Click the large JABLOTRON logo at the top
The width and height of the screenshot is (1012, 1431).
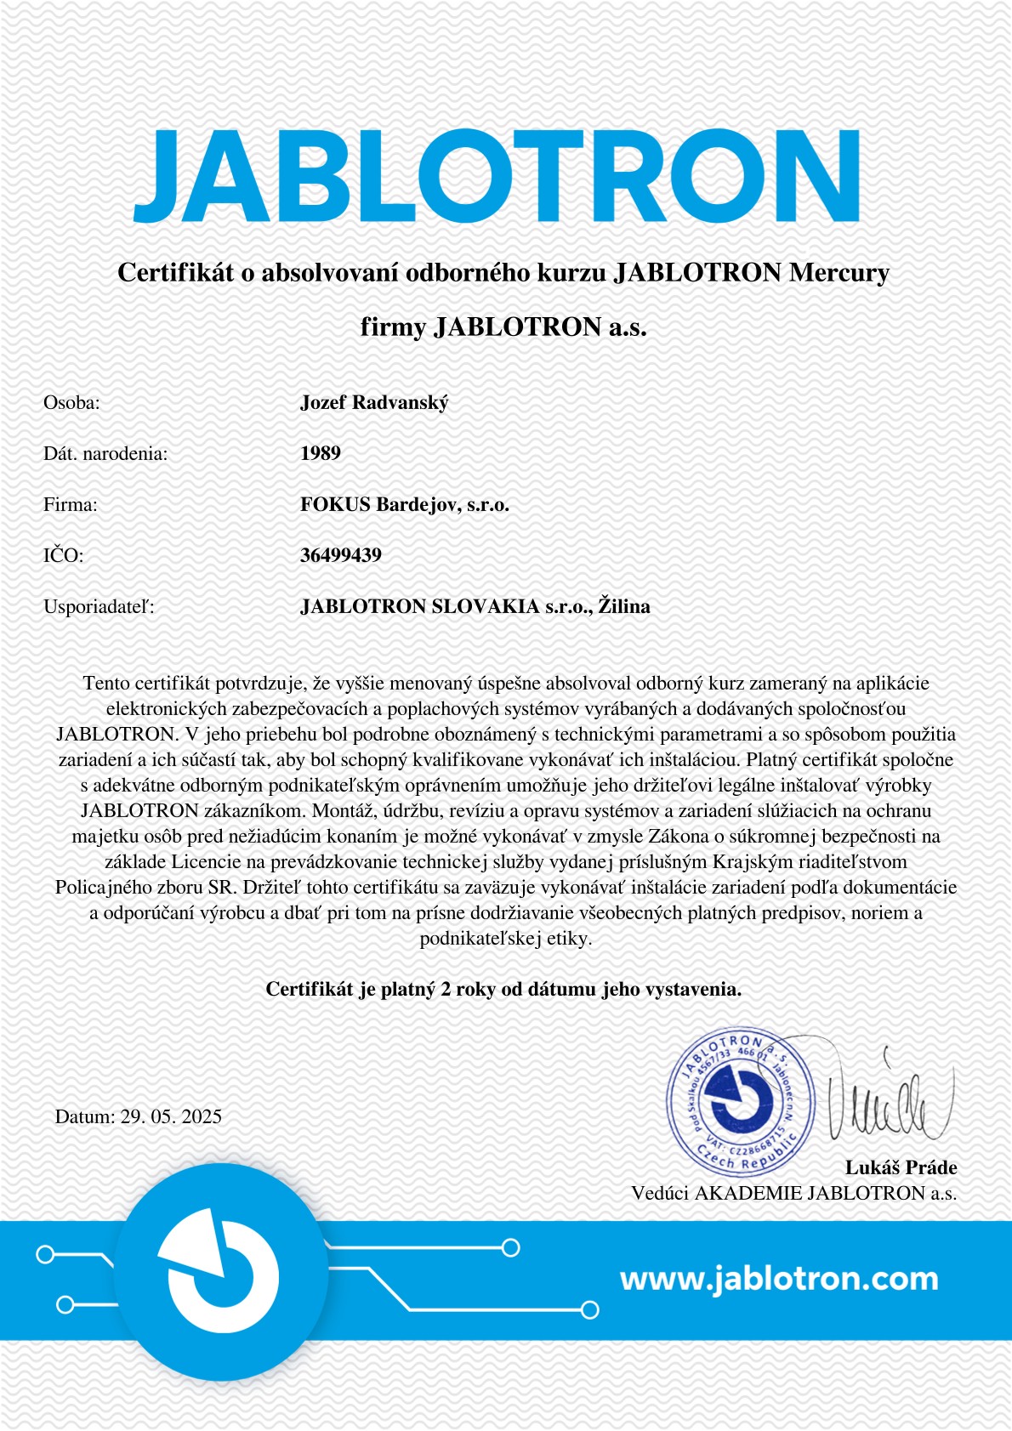tap(497, 177)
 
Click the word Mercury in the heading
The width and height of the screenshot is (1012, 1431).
tap(839, 273)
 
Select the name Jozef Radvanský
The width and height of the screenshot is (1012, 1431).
tap(373, 402)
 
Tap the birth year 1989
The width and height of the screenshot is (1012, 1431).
tap(321, 453)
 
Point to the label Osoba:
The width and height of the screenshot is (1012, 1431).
tap(71, 402)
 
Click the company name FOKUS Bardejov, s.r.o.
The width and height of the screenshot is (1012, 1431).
tap(404, 504)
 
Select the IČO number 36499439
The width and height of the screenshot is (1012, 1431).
tap(340, 555)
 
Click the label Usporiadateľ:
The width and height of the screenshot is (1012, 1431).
tap(99, 607)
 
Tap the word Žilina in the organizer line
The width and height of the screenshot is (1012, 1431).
tap(623, 606)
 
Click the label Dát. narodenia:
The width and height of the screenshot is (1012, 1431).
tap(105, 453)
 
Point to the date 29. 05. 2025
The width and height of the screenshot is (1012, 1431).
tap(171, 1116)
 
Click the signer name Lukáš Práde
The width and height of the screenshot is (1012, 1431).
tap(901, 1167)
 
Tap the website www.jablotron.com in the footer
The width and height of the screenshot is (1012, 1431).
tap(779, 1278)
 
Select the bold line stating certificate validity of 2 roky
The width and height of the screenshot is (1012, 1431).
tap(503, 989)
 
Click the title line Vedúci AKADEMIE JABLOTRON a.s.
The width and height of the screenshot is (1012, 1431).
tap(793, 1193)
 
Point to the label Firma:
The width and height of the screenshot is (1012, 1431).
tap(71, 504)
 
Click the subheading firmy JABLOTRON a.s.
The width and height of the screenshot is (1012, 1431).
tap(503, 327)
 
